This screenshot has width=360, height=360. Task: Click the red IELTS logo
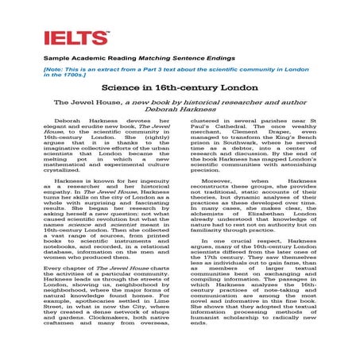point(76,37)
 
